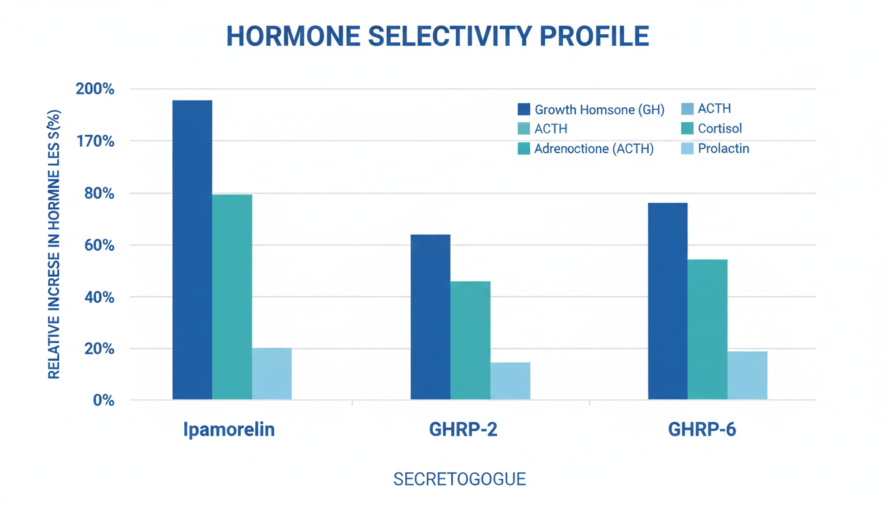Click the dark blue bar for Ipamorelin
coord(192,250)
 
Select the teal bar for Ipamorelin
coord(232,297)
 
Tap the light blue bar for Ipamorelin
coord(272,373)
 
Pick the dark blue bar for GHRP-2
coord(430,317)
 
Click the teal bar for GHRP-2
coord(470,341)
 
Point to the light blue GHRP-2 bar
coord(510,381)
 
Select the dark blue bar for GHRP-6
coord(668,301)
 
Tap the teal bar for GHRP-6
coord(708,329)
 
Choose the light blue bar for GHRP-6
coord(747,375)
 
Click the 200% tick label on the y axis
coord(95,89)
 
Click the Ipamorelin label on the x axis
coord(228,430)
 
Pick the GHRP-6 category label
coord(702,430)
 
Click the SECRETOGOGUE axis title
coord(459,479)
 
